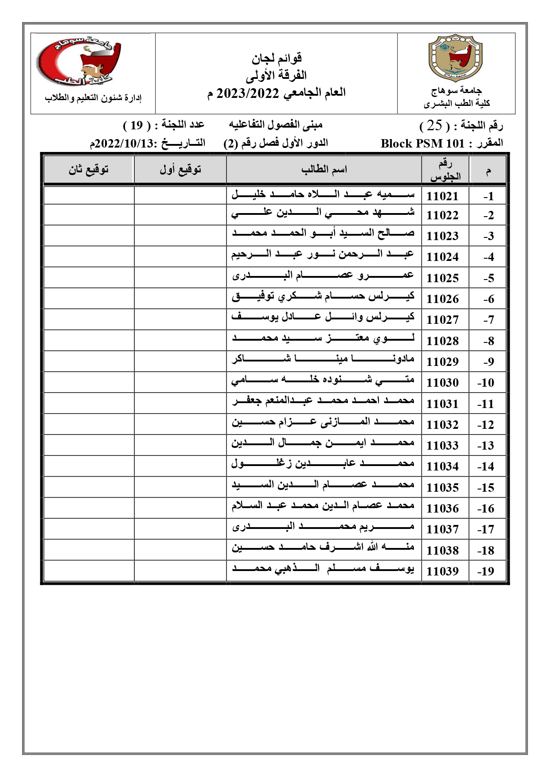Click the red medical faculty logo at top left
(78, 61)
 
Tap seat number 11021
(442, 196)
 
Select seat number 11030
(442, 382)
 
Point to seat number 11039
(442, 571)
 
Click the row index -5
(488, 278)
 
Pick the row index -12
(486, 424)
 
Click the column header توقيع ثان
(89, 169)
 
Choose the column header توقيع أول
(180, 169)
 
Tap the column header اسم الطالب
(324, 169)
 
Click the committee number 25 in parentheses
(435, 126)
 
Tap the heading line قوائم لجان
(277, 58)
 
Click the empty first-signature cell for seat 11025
(180, 277)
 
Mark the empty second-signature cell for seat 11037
(89, 528)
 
